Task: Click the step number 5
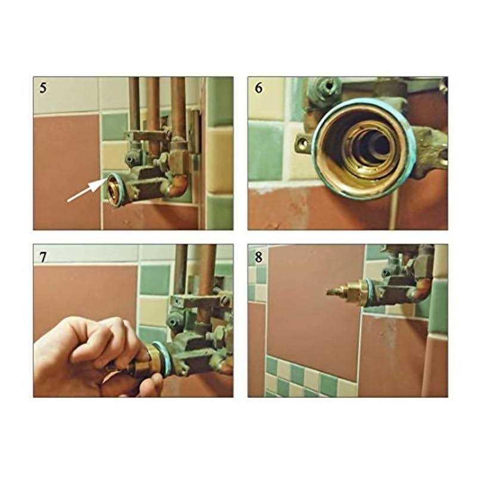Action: (43, 88)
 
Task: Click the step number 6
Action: (258, 88)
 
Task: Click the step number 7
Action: (43, 257)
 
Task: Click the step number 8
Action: (258, 257)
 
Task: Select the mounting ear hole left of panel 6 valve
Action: (302, 142)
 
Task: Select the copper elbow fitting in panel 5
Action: (177, 186)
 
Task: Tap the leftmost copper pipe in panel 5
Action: (134, 103)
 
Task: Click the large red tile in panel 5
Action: (67, 172)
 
